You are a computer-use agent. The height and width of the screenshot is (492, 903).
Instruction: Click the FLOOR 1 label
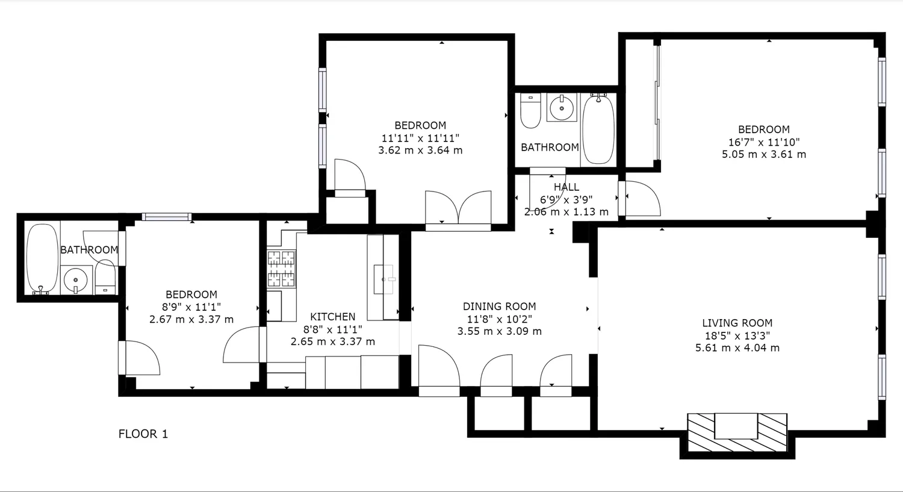tap(143, 434)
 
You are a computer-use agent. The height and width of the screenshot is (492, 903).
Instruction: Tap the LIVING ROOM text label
tap(737, 323)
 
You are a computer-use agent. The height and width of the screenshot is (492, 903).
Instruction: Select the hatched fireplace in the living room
tap(737, 432)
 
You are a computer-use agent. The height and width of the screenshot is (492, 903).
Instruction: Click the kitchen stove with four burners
tap(281, 269)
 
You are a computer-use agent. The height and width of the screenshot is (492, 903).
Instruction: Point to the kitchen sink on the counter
tap(383, 279)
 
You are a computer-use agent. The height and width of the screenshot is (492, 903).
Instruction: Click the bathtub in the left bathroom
tap(43, 259)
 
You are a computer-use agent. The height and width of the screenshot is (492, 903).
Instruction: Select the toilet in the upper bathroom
tap(530, 111)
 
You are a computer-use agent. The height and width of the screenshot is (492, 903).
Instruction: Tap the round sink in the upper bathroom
tap(562, 108)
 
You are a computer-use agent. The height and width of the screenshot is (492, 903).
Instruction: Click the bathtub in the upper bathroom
tap(598, 128)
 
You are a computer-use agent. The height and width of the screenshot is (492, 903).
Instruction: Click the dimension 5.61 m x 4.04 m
tap(737, 348)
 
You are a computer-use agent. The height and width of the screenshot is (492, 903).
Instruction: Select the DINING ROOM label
tap(499, 307)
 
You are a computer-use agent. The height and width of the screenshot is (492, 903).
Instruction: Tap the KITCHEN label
tap(332, 317)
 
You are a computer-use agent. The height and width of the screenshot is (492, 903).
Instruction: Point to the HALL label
tap(566, 187)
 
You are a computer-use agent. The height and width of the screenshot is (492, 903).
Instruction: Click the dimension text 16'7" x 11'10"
tap(763, 142)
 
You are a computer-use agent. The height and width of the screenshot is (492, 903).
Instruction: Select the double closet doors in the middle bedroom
tap(458, 208)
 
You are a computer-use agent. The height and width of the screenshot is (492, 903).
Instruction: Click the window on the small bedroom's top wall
tap(167, 217)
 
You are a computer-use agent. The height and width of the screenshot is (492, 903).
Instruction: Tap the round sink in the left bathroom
tap(75, 280)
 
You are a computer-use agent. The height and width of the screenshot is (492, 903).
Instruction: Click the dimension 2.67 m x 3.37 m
tap(191, 320)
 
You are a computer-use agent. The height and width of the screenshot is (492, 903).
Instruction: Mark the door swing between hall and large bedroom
tap(642, 199)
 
